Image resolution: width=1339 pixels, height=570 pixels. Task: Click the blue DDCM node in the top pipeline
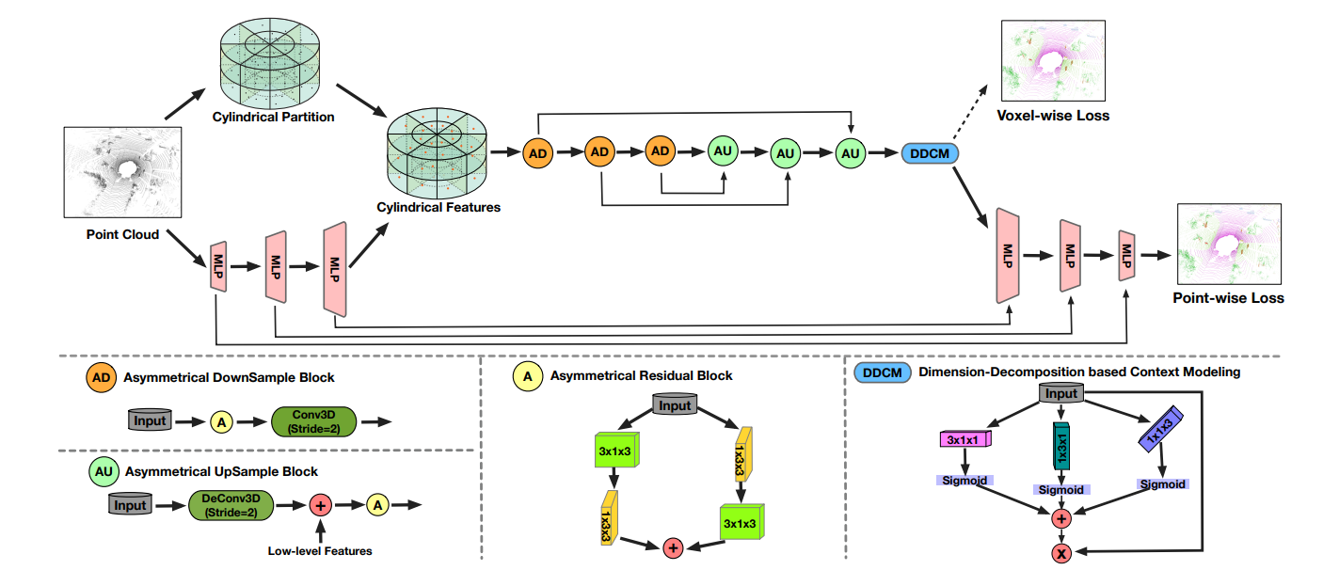tap(929, 152)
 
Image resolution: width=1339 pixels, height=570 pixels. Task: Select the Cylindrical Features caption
tap(438, 206)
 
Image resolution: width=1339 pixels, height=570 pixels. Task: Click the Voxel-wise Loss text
tap(1053, 116)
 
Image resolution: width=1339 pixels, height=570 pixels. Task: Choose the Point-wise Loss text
tap(1228, 298)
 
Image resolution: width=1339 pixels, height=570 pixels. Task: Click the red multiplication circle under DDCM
tap(1062, 553)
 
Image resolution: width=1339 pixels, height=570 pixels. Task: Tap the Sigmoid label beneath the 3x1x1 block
tap(966, 481)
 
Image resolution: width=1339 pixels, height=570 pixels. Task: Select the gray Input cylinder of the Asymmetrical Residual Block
tap(674, 405)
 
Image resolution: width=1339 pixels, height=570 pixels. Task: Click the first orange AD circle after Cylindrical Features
tap(537, 152)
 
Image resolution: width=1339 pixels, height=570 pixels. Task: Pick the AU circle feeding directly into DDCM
tap(850, 152)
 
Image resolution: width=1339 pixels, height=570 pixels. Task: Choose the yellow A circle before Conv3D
tap(222, 422)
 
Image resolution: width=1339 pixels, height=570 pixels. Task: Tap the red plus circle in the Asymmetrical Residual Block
tap(673, 547)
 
